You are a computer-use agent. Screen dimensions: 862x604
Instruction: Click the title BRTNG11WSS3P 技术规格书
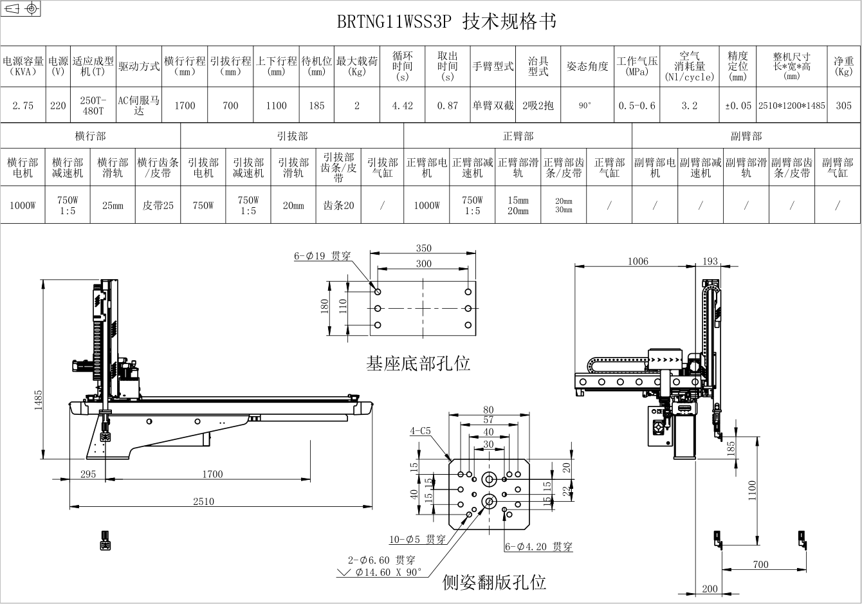point(446,21)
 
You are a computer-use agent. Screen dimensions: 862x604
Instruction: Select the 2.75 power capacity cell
point(23,105)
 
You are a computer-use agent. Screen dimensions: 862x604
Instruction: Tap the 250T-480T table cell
point(93,105)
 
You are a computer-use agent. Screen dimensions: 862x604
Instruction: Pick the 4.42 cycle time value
point(402,105)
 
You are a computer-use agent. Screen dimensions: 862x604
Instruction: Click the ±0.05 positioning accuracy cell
point(738,105)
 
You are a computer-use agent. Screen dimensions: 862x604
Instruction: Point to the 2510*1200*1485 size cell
point(792,105)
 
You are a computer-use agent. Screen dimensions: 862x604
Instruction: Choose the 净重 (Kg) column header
point(843,66)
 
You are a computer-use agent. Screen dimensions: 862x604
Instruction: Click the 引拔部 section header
point(292,136)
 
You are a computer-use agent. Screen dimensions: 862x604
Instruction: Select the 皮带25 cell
point(158,205)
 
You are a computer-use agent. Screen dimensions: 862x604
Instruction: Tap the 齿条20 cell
point(338,205)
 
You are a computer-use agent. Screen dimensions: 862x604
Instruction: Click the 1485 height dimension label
point(38,400)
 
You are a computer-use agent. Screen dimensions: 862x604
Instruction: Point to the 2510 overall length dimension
point(203,501)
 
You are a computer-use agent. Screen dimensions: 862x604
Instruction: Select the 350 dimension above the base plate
point(423,248)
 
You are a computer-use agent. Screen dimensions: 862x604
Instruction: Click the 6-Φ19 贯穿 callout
point(322,256)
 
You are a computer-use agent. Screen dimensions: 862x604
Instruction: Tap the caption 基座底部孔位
point(418,363)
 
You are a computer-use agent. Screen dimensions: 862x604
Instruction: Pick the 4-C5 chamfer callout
point(420,431)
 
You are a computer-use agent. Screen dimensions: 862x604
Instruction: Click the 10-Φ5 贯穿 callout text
point(417,540)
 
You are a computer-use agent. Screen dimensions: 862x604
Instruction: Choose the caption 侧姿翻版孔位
point(494,582)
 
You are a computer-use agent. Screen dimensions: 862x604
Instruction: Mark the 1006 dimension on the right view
point(638,261)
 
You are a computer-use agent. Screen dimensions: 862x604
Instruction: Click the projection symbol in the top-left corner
point(21,8)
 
